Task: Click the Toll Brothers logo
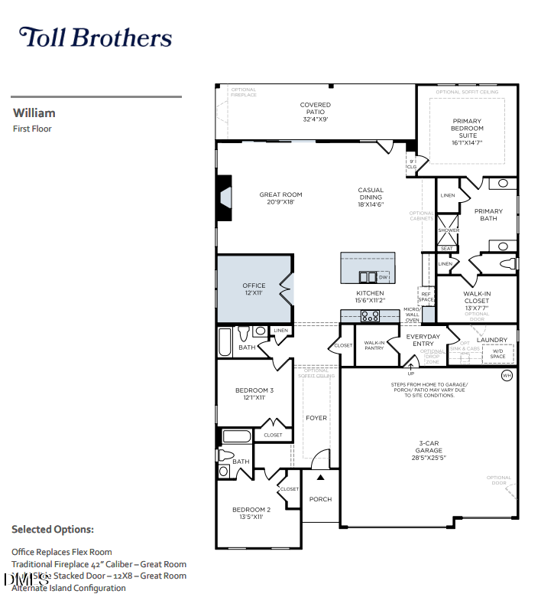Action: (95, 38)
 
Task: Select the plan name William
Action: (34, 113)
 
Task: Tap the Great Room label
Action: (280, 198)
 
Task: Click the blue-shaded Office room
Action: (254, 289)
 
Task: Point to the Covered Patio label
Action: (315, 112)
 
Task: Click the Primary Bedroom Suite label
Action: (467, 131)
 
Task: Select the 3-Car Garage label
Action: (429, 451)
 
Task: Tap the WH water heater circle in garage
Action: (506, 376)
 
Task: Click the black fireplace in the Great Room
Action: (223, 198)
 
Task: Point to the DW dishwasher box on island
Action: (383, 277)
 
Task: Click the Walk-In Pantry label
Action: (374, 345)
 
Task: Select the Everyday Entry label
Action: (423, 340)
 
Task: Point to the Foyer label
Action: (316, 418)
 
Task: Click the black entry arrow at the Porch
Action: (321, 477)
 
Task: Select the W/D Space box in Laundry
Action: (497, 354)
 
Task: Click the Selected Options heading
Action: (53, 529)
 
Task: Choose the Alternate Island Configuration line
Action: (69, 588)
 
